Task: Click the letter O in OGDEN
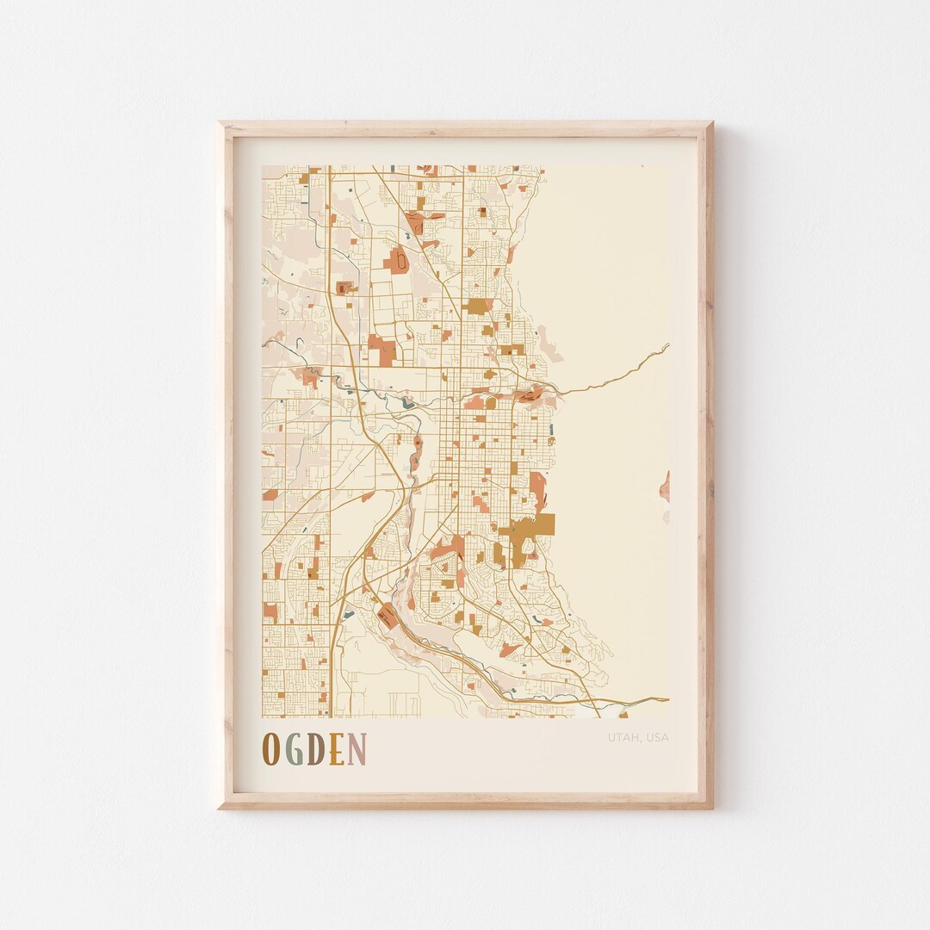click(270, 749)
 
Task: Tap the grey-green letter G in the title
click(294, 749)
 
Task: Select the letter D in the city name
click(316, 749)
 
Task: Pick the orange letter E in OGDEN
click(337, 749)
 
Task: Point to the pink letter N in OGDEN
click(357, 749)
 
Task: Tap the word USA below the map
click(657, 737)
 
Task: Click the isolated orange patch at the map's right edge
click(665, 487)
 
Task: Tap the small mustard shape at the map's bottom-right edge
click(623, 714)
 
